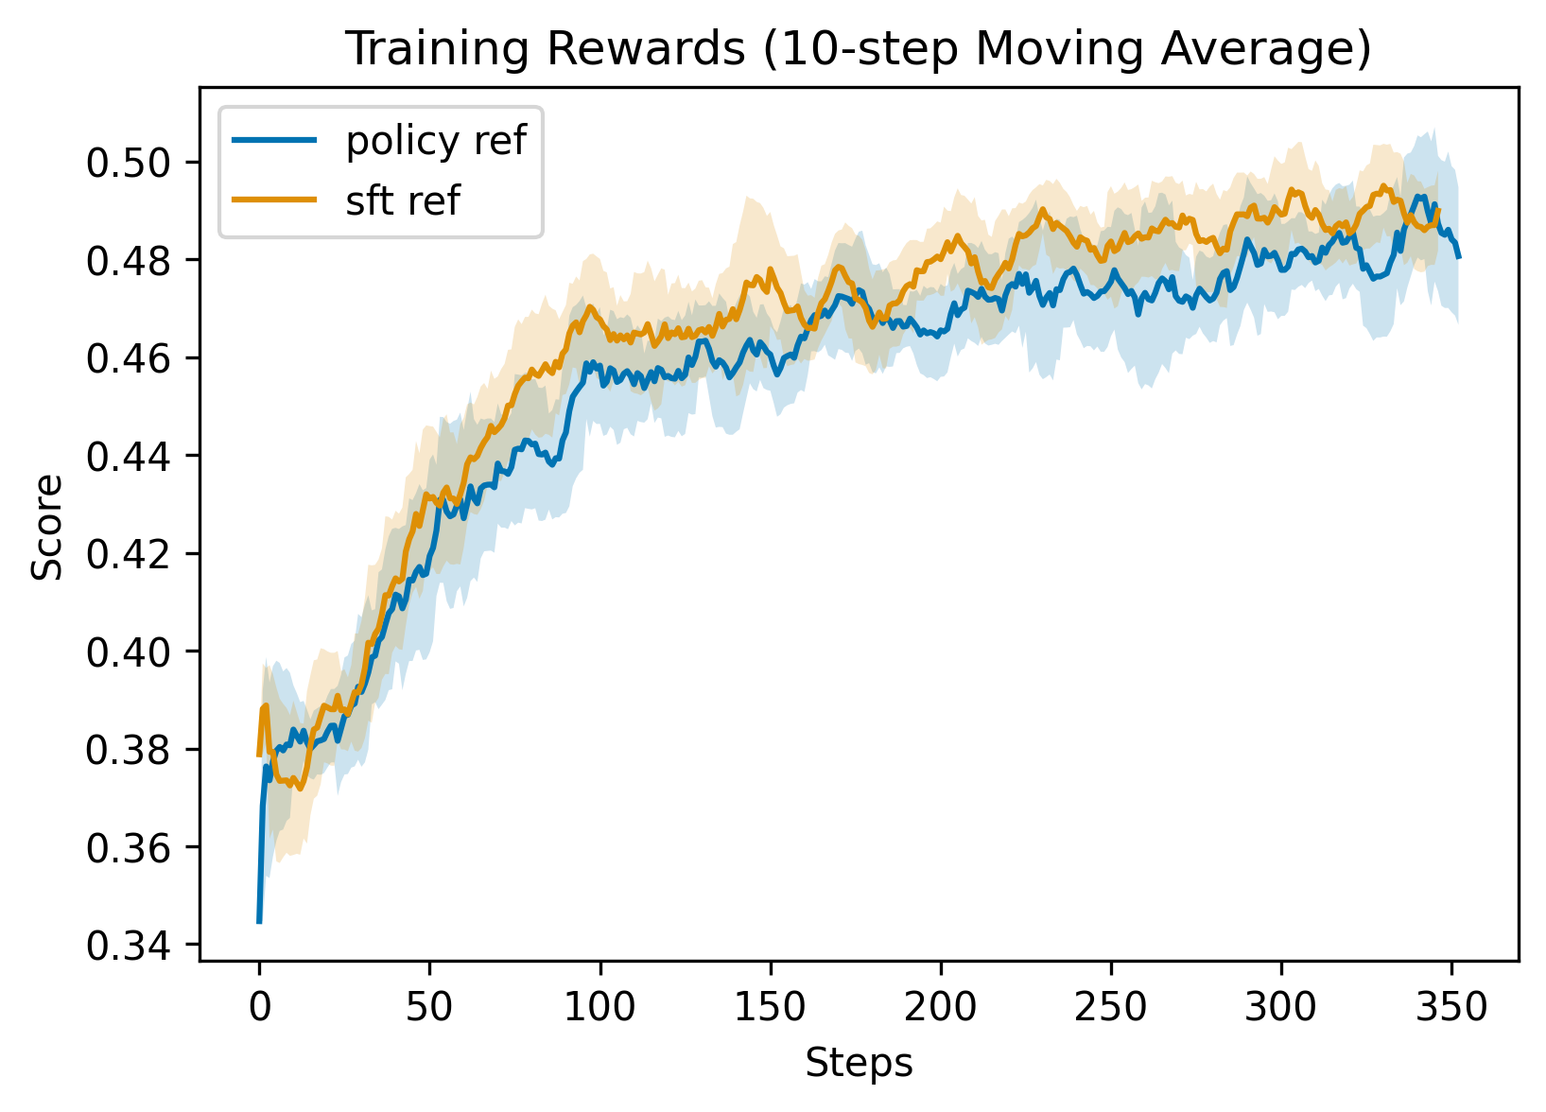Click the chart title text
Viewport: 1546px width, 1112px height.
858,49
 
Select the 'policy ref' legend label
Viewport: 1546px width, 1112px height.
436,141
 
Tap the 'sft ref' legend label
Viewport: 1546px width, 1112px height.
403,200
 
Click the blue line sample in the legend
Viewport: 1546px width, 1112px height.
274,141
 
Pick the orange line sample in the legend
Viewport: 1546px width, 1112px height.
274,200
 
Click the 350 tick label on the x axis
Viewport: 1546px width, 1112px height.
1451,1007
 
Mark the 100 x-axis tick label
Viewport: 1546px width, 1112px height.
599,1007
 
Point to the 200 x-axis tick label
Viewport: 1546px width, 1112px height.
940,1007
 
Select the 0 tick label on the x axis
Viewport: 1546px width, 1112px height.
259,1007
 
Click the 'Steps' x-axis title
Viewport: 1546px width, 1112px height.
859,1063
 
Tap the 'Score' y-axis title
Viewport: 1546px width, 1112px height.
48,527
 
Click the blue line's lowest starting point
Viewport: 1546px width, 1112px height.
259,922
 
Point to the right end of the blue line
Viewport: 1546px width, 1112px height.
1459,256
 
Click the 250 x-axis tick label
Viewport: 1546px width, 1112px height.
1111,1007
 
